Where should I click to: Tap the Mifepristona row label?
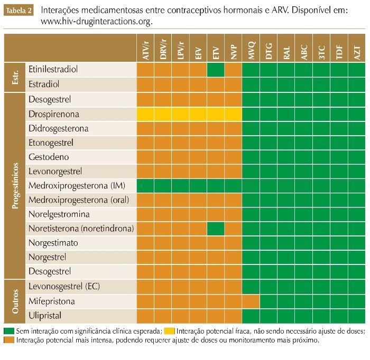pyautogui.click(x=52, y=301)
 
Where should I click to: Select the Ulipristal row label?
pyautogui.click(x=45, y=316)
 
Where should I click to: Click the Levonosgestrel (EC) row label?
pyautogui.click(x=64, y=287)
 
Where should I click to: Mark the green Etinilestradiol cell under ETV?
pyautogui.click(x=216, y=70)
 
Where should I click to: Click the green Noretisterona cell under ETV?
pyautogui.click(x=216, y=229)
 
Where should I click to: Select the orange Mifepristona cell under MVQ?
pyautogui.click(x=251, y=301)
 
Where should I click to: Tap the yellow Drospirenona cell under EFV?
pyautogui.click(x=198, y=114)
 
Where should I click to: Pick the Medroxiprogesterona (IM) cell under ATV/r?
pyautogui.click(x=146, y=186)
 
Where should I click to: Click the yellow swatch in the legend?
pyautogui.click(x=170, y=331)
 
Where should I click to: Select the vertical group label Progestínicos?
pyautogui.click(x=15, y=186)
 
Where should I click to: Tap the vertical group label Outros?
pyautogui.click(x=15, y=301)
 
